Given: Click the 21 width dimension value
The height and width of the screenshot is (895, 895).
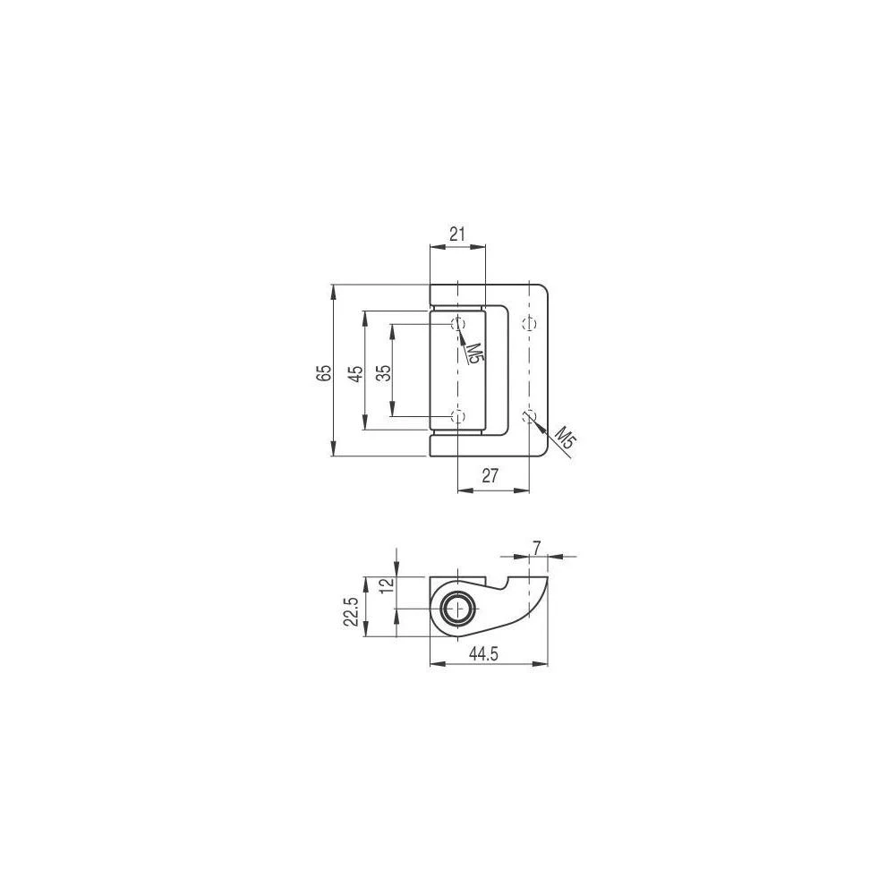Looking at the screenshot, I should click(456, 235).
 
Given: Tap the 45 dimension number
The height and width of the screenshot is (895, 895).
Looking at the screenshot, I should click(354, 372).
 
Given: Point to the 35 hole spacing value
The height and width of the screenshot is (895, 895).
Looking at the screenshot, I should click(383, 372).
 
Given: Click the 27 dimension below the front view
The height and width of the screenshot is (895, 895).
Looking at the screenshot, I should click(490, 476).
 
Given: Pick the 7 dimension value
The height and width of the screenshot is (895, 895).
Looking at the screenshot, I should click(537, 545).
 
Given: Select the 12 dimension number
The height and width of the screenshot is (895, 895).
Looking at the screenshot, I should click(386, 586).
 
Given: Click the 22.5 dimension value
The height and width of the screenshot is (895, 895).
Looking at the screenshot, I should click(352, 613).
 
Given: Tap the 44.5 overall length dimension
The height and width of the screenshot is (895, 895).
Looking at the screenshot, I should click(483, 654).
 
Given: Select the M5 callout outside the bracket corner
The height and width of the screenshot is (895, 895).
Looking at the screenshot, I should click(563, 439).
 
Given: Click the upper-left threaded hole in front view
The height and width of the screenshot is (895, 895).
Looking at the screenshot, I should click(457, 323).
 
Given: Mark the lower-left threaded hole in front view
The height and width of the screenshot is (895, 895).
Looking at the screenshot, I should click(457, 416).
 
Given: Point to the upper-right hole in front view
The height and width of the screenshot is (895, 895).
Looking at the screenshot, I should click(529, 323).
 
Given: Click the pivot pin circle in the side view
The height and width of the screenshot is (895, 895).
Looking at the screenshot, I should click(458, 609).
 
